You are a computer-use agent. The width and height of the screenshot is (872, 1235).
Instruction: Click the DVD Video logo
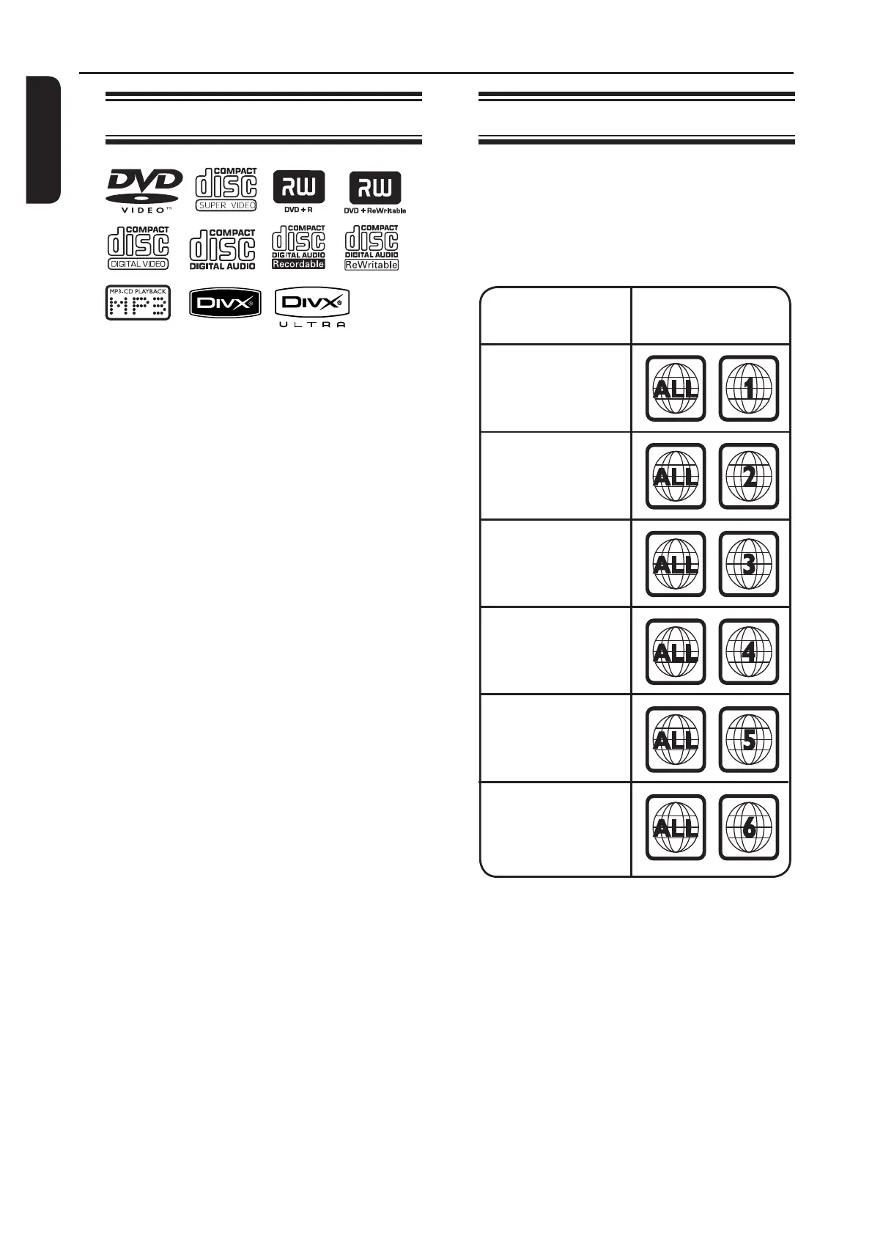click(144, 190)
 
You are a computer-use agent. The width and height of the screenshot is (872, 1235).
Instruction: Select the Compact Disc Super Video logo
click(226, 190)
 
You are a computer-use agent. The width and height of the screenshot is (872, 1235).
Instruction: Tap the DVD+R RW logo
click(298, 190)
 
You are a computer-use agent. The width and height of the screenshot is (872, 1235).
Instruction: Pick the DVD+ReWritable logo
click(374, 191)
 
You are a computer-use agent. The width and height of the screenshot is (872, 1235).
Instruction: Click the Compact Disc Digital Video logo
click(138, 248)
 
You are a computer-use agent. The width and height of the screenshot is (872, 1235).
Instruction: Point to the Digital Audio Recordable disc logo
click(298, 247)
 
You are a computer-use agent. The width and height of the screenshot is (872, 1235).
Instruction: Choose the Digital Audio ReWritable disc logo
click(372, 248)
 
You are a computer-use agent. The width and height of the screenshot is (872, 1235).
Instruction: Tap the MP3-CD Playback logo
click(138, 303)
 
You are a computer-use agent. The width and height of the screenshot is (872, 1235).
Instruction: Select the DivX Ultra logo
click(312, 307)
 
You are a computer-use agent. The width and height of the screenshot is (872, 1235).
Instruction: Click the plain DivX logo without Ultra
click(225, 303)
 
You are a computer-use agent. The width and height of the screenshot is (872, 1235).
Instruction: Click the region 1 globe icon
click(748, 389)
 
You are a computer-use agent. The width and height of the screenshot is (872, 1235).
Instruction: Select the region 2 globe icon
click(748, 477)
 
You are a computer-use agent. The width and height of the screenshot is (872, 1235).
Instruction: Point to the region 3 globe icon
click(748, 564)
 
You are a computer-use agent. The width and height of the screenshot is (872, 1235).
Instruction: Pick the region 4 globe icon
click(748, 651)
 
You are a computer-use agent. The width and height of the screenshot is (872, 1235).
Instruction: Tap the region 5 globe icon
click(748, 739)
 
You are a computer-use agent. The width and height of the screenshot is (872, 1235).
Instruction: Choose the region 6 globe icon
click(748, 827)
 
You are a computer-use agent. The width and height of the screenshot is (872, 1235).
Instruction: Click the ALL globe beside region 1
click(675, 389)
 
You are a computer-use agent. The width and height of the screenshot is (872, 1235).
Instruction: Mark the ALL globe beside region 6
click(675, 827)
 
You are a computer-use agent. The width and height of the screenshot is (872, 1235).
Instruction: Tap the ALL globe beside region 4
click(675, 651)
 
